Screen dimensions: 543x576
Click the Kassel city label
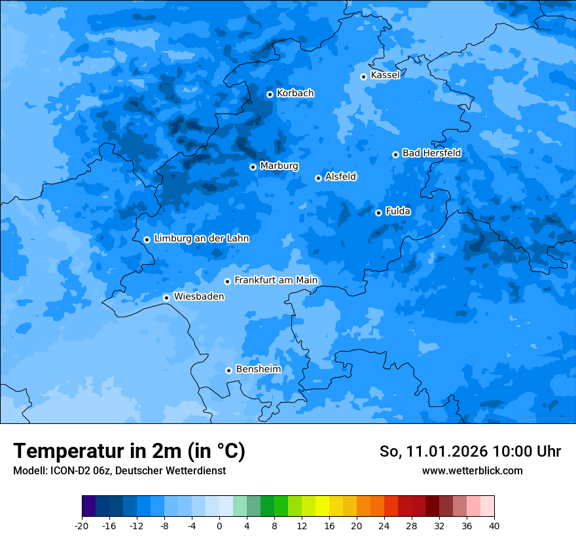tap(385, 75)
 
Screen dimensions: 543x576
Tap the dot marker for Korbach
tap(270, 94)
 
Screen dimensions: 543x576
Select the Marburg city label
tap(279, 166)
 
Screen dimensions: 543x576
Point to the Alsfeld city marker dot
tap(318, 178)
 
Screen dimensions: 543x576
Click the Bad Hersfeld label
tap(431, 153)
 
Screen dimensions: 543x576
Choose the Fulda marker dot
tap(378, 213)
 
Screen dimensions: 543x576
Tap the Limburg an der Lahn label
tap(201, 239)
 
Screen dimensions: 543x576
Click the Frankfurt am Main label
tap(276, 281)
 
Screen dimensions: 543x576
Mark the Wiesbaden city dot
tap(166, 298)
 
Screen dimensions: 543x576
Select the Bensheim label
tap(258, 370)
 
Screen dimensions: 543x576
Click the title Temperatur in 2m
tap(130, 451)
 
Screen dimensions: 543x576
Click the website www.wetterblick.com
tap(472, 470)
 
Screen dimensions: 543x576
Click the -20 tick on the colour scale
tap(82, 526)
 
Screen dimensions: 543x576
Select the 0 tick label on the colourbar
tap(219, 526)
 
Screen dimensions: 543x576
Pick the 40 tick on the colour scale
tap(494, 526)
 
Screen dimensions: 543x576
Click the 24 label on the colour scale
tap(384, 526)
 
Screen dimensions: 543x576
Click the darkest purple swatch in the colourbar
tap(89, 506)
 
